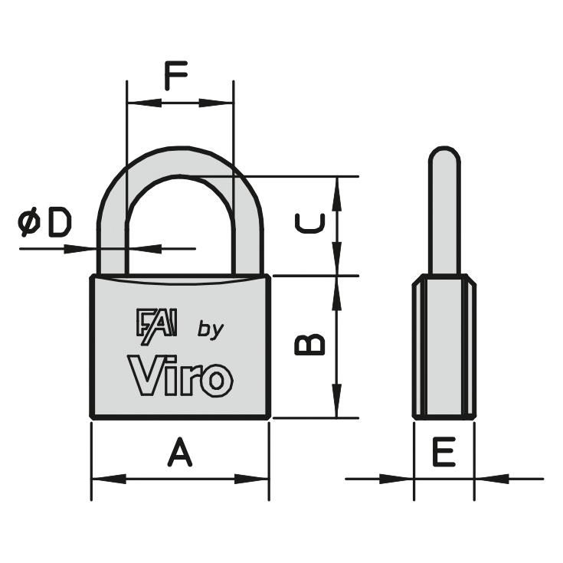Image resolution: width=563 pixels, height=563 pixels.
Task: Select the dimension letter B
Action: (x=310, y=345)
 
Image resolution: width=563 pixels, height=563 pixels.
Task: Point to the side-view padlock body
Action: (x=444, y=346)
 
